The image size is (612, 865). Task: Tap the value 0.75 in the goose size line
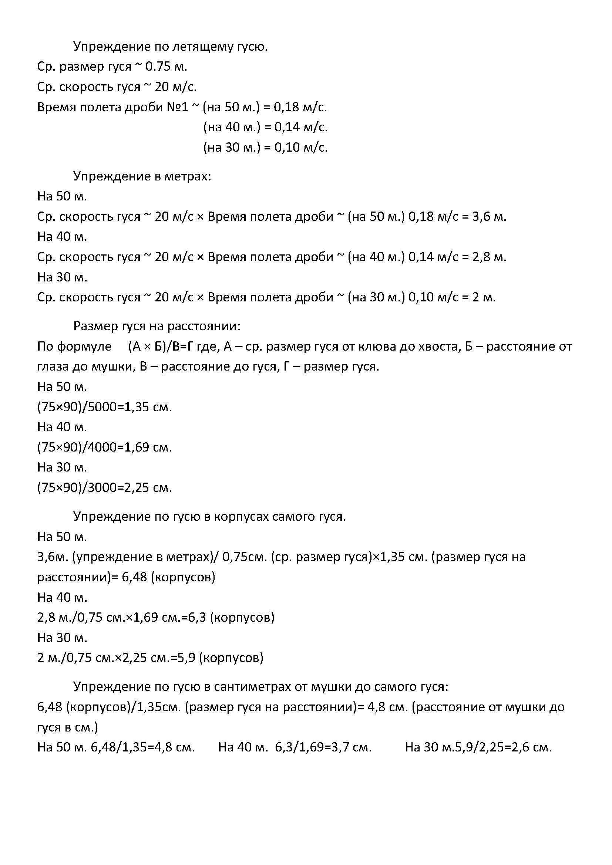(x=158, y=67)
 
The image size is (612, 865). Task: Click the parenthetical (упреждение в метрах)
(x=142, y=557)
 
